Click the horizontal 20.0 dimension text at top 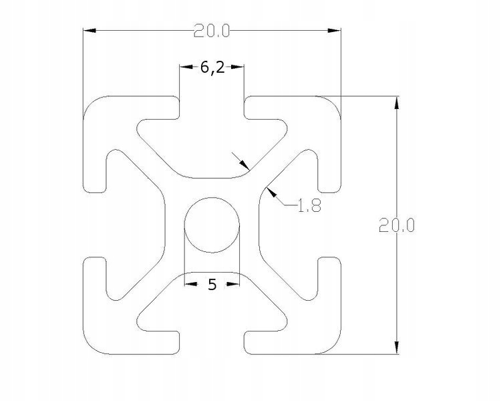point(212,31)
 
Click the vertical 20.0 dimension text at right point(397,226)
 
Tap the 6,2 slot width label point(212,67)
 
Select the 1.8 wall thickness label point(309,206)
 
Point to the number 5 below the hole point(212,285)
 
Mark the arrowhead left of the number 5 point(190,285)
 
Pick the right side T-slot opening point(330,224)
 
